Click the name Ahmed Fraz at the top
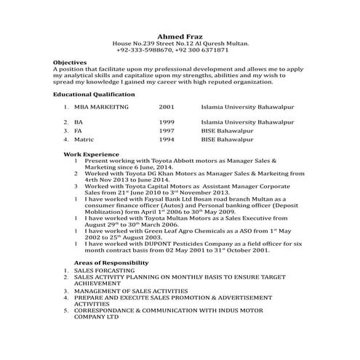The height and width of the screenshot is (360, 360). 180,36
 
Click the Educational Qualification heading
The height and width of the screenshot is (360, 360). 94,95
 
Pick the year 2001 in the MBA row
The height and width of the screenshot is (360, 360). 166,107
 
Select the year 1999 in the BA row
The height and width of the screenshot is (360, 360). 166,121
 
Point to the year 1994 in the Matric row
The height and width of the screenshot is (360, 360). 166,138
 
